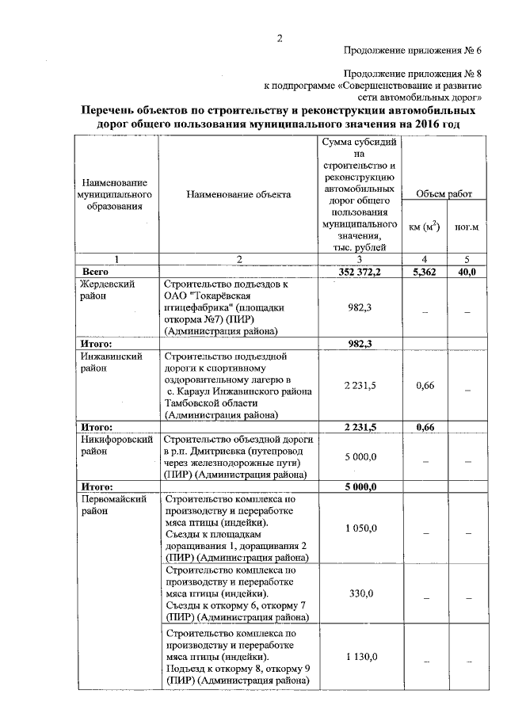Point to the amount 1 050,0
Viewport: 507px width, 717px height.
click(360, 528)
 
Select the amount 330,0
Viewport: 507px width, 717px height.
click(360, 593)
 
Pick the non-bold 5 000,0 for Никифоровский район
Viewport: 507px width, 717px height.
click(360, 457)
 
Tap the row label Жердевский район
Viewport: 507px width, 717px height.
click(106, 289)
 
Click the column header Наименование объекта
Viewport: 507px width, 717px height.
click(238, 194)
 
